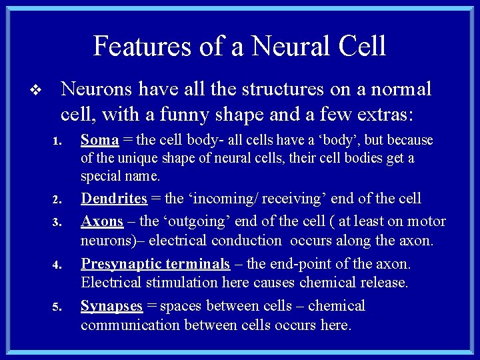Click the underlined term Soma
pyautogui.click(x=99, y=141)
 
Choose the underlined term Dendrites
pyautogui.click(x=114, y=199)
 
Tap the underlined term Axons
pyautogui.click(x=102, y=221)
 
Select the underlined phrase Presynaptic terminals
pyautogui.click(x=155, y=265)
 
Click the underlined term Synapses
pyautogui.click(x=111, y=306)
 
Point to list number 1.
pyautogui.click(x=57, y=142)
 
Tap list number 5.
pyautogui.click(x=57, y=307)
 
